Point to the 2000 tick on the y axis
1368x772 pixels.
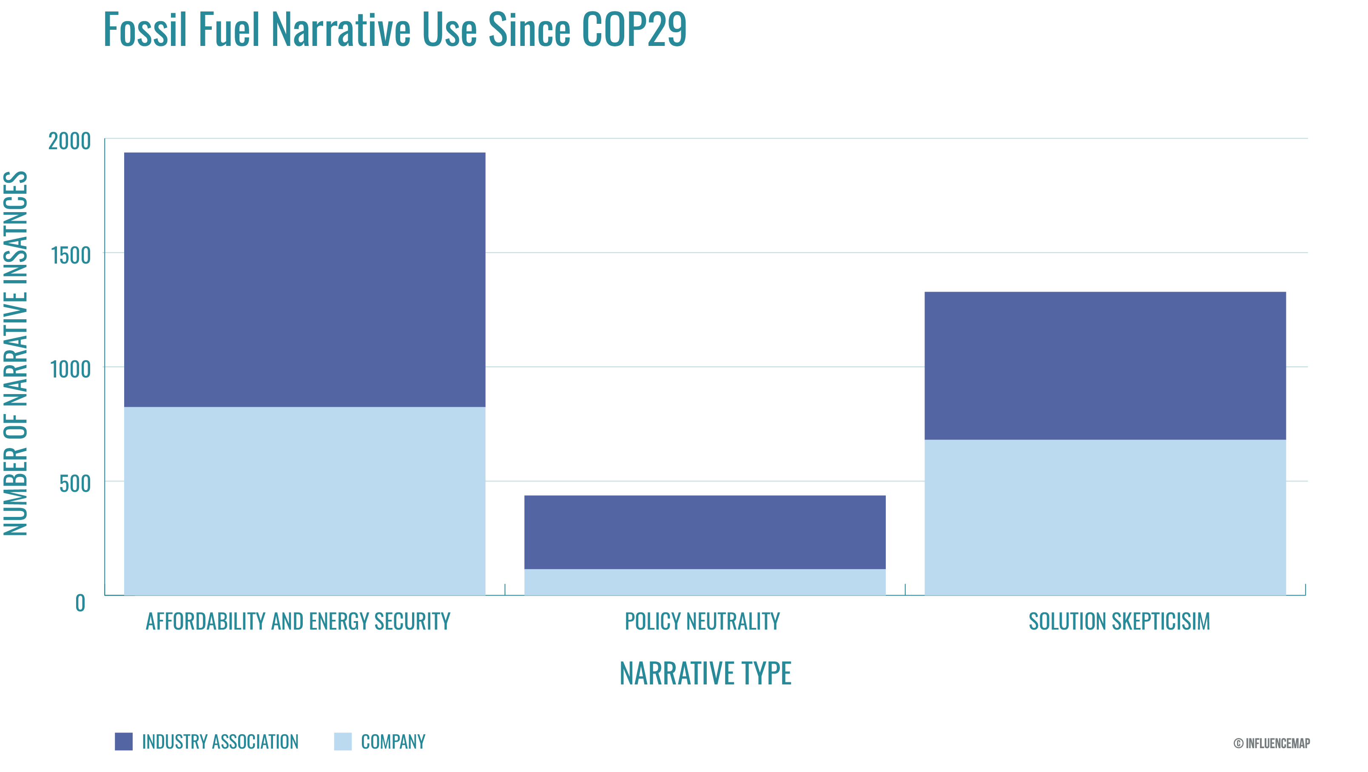(70, 141)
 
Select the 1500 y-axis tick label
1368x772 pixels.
(71, 255)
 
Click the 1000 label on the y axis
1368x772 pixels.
(71, 369)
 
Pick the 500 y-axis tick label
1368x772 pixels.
(75, 484)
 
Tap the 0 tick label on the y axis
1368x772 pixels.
(80, 603)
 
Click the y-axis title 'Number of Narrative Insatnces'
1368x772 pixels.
(16, 353)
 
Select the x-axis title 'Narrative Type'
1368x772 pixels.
(705, 673)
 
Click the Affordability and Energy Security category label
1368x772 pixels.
(298, 621)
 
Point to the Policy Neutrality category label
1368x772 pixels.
(702, 621)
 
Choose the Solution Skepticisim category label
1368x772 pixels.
(1119, 621)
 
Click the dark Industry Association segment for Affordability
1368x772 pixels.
(304, 280)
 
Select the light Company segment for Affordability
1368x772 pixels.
(304, 501)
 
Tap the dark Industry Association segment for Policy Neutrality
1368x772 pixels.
(705, 532)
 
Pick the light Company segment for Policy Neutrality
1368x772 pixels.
(705, 582)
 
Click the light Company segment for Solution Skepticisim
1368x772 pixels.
(1105, 517)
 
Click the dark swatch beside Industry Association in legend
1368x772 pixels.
(124, 741)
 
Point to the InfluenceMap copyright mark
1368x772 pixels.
(1271, 743)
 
